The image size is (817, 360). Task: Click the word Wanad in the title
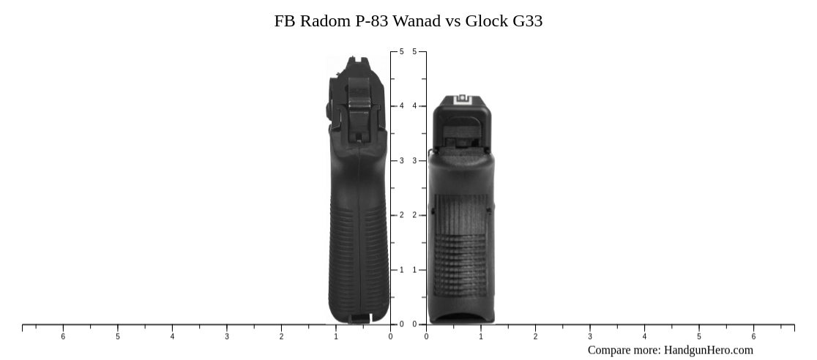point(417,20)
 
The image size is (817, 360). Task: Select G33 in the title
point(527,20)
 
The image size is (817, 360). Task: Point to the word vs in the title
point(453,20)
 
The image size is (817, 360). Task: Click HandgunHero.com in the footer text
point(708,350)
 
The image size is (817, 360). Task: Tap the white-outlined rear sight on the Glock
point(462,100)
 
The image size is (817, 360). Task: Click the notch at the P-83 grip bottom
point(360,318)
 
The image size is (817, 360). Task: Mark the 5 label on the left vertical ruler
point(401,51)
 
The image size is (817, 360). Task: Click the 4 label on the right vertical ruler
point(414,106)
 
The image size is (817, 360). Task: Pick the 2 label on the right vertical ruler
point(414,215)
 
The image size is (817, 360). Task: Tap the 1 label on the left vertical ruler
point(401,270)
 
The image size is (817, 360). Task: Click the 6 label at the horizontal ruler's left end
point(63,337)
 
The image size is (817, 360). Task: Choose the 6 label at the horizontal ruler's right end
point(753,337)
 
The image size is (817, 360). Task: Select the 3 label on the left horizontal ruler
point(227,337)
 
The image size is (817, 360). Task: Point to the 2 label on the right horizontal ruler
point(535,337)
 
